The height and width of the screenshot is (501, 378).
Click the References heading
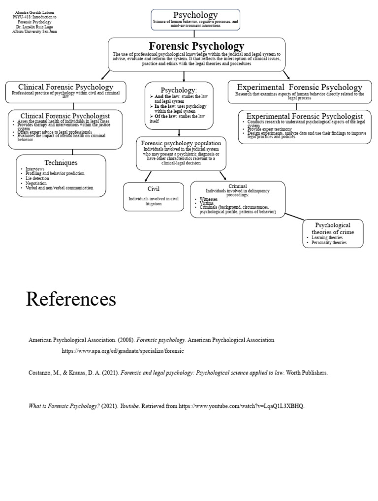click(71, 299)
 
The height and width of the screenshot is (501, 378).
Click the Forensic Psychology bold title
click(196, 46)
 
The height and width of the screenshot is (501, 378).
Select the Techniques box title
click(61, 162)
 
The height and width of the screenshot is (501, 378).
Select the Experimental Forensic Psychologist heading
click(305, 116)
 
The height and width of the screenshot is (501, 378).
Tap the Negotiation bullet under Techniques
click(38, 183)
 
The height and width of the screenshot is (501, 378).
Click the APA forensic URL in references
click(123, 351)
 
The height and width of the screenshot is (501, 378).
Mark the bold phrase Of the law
click(164, 116)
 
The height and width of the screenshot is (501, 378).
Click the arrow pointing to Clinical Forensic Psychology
click(105, 75)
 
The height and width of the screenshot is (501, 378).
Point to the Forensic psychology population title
click(182, 143)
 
